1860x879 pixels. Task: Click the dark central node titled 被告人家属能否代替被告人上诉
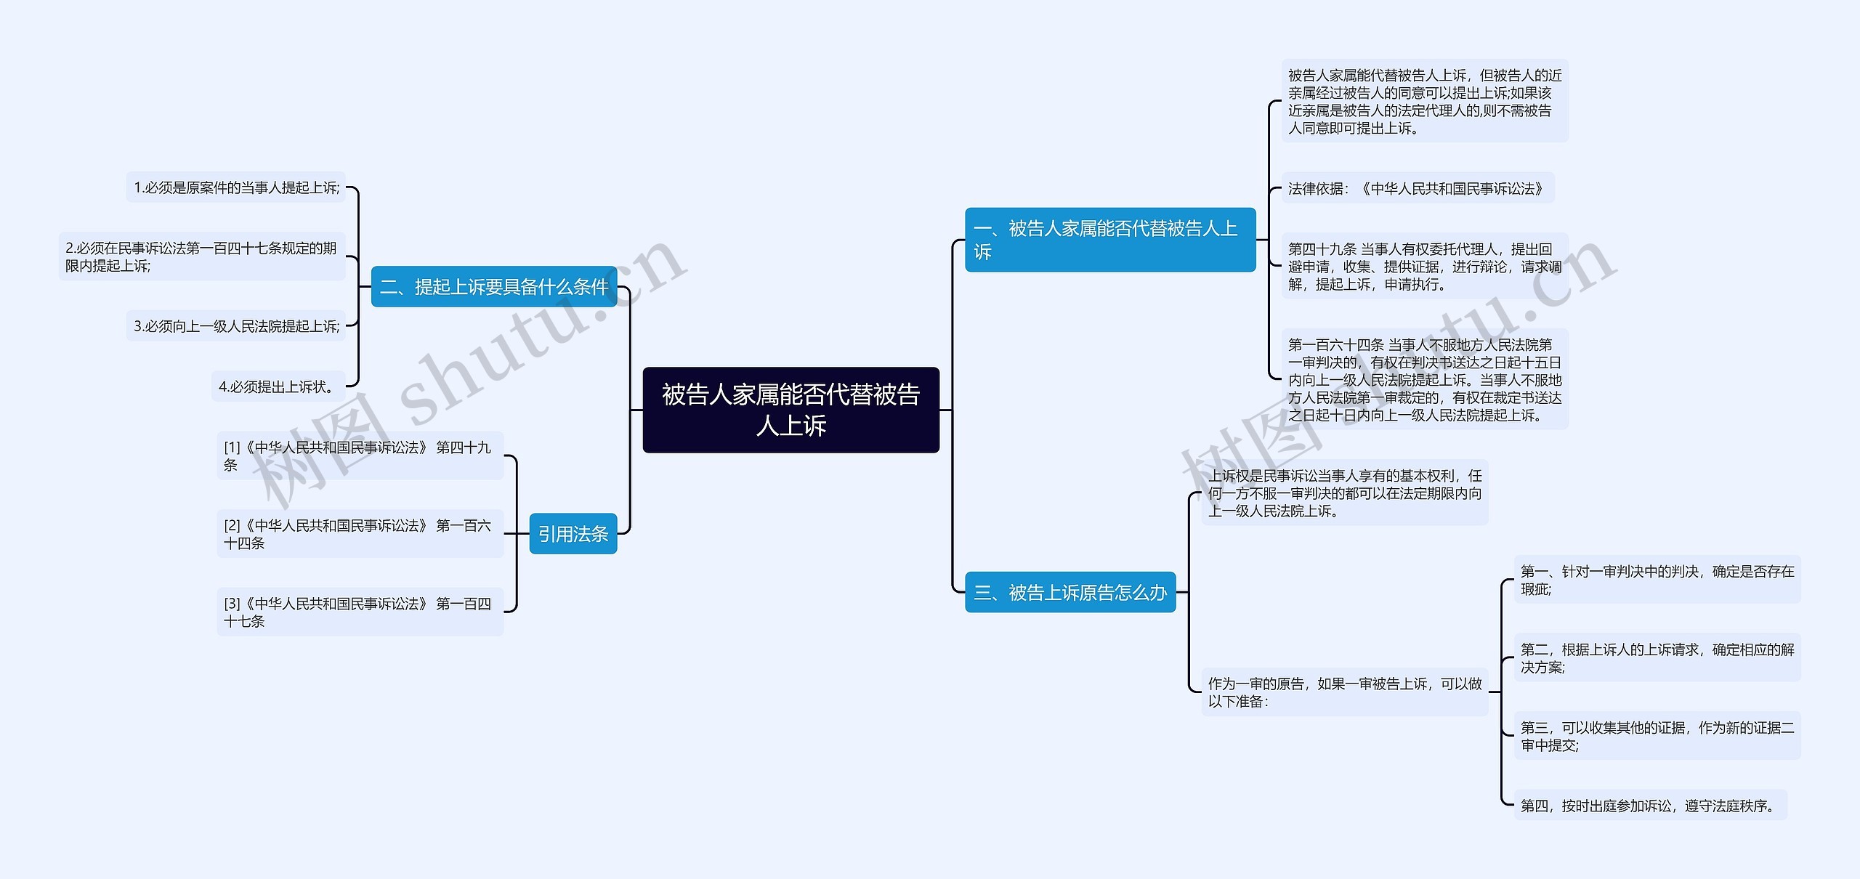pos(790,410)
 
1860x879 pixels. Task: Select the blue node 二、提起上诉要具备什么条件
pos(494,287)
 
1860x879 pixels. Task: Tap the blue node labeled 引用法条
pos(573,534)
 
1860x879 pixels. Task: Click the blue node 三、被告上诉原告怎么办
pos(1069,593)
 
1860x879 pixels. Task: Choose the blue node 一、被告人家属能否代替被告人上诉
pos(1109,240)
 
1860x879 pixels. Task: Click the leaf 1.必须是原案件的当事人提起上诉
pos(236,187)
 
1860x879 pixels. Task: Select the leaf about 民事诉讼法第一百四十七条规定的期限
pos(202,256)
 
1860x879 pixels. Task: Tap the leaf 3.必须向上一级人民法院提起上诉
pos(236,326)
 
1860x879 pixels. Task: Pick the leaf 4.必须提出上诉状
pos(278,386)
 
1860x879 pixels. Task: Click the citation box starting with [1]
pos(360,455)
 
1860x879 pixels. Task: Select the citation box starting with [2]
pos(360,534)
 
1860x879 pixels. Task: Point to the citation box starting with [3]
pos(360,612)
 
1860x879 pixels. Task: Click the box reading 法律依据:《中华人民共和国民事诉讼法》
pos(1417,188)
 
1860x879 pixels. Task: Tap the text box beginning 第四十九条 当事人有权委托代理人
pos(1424,267)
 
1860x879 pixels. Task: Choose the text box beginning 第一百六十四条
pos(1424,379)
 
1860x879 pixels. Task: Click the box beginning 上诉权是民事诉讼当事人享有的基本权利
pos(1344,493)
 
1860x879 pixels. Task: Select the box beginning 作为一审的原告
pos(1344,692)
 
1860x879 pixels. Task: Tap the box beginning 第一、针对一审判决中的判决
pos(1657,580)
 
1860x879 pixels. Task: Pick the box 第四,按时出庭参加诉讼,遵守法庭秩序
pos(1649,805)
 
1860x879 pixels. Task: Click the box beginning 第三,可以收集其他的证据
pos(1657,736)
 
